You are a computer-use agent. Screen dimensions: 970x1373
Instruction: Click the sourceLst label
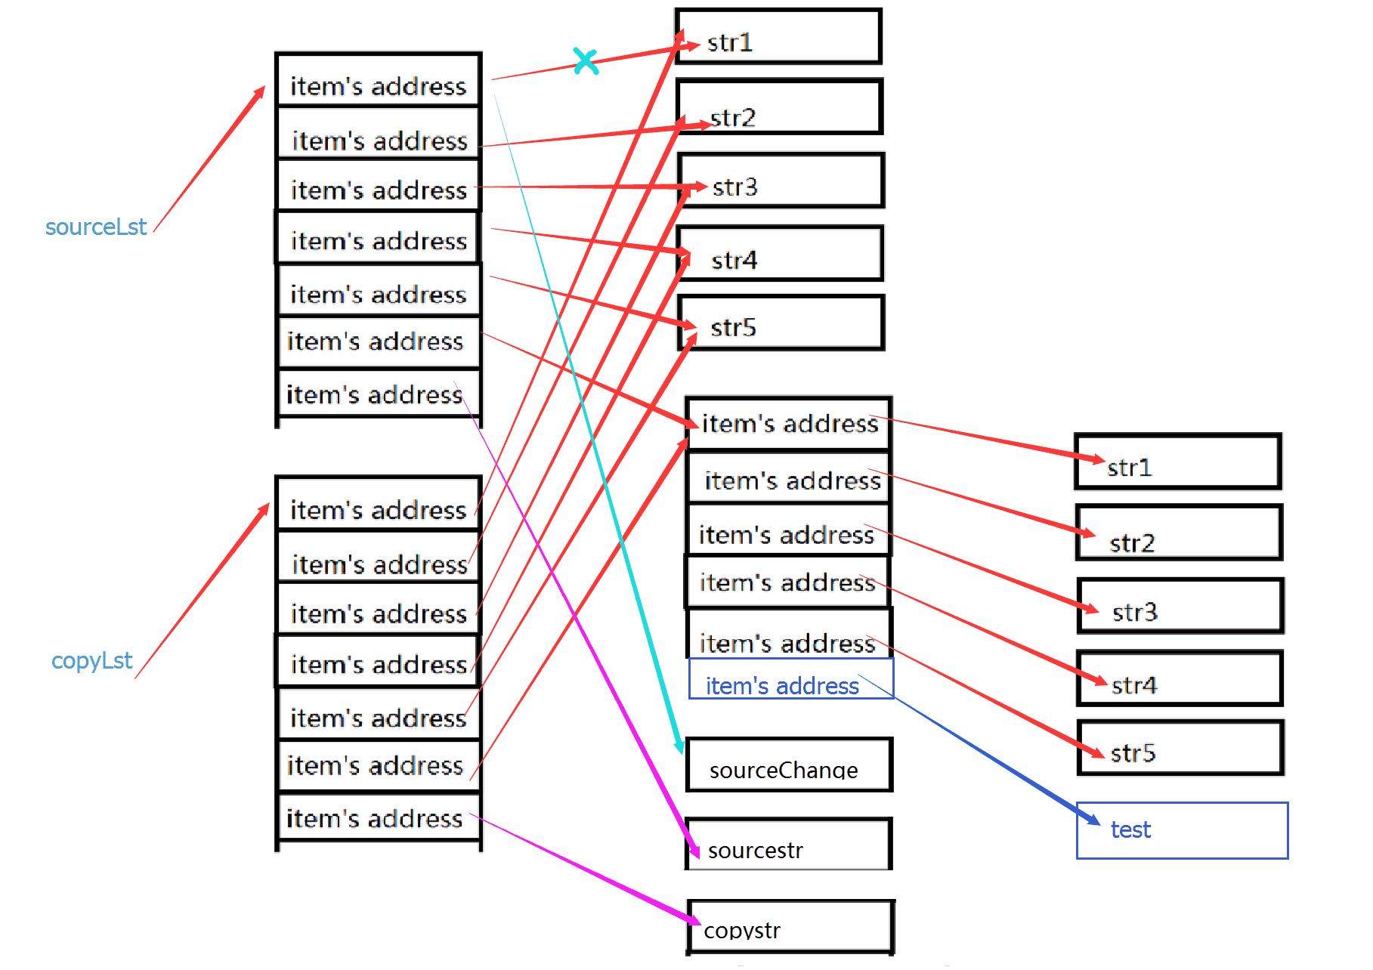(96, 227)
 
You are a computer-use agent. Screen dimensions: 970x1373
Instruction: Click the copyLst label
(91, 660)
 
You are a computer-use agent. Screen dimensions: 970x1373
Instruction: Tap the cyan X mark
(586, 61)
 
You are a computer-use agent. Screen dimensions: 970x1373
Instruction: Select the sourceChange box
(789, 765)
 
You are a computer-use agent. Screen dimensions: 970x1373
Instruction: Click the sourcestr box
(789, 845)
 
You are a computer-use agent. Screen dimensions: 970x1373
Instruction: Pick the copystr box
(790, 927)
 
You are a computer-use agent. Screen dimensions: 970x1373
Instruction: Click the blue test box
(1182, 830)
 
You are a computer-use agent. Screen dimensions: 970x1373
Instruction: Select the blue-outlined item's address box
(790, 679)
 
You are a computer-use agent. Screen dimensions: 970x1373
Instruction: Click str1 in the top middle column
(778, 37)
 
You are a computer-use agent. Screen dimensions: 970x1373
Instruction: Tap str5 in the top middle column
(781, 323)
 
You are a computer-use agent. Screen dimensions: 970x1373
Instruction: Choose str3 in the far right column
(1180, 607)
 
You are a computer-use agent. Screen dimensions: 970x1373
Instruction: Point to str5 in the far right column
(1180, 749)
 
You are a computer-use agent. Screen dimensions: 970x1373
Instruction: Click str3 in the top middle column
(781, 181)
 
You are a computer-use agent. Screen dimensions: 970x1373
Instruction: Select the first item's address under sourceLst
(378, 81)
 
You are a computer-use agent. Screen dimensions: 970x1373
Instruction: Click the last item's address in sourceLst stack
(378, 392)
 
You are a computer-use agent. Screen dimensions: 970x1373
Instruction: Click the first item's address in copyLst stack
(378, 505)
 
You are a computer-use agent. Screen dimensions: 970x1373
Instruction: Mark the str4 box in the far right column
(1180, 679)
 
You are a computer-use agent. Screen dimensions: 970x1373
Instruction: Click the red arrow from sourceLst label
(209, 159)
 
